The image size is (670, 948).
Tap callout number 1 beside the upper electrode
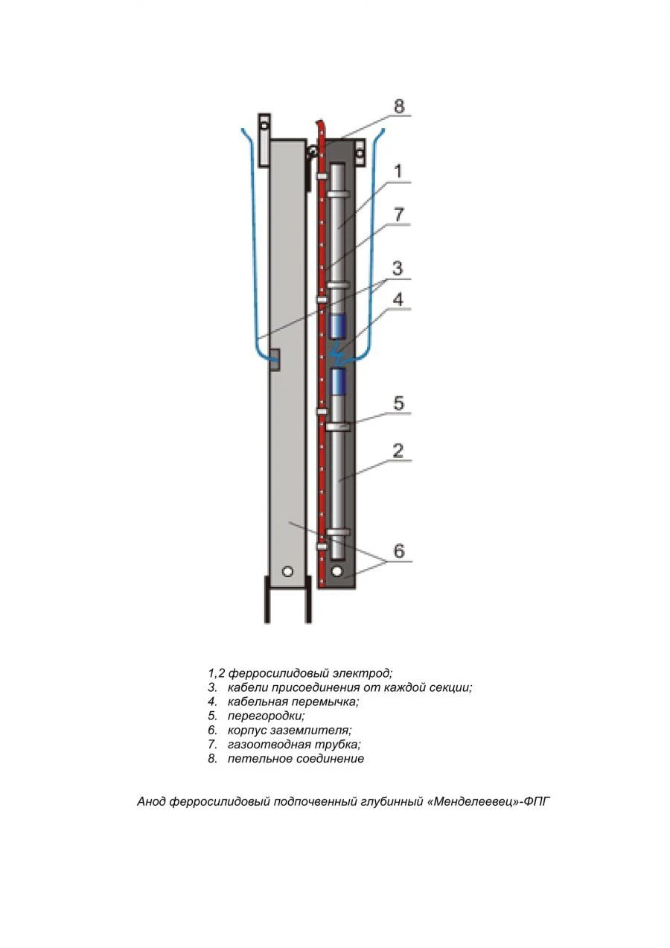pyautogui.click(x=398, y=171)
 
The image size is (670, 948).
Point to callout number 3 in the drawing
pyautogui.click(x=398, y=268)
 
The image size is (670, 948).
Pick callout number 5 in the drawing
pyautogui.click(x=398, y=404)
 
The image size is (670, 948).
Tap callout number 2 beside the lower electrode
pyautogui.click(x=398, y=451)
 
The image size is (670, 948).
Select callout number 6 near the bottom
pyautogui.click(x=399, y=551)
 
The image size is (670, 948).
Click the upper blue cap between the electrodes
pyautogui.click(x=338, y=325)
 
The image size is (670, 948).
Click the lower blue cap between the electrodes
pyautogui.click(x=338, y=381)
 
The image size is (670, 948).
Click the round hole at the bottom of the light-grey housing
pyautogui.click(x=287, y=572)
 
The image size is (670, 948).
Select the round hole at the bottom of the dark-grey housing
pyautogui.click(x=337, y=571)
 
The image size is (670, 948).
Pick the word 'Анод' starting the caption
pyautogui.click(x=152, y=802)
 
